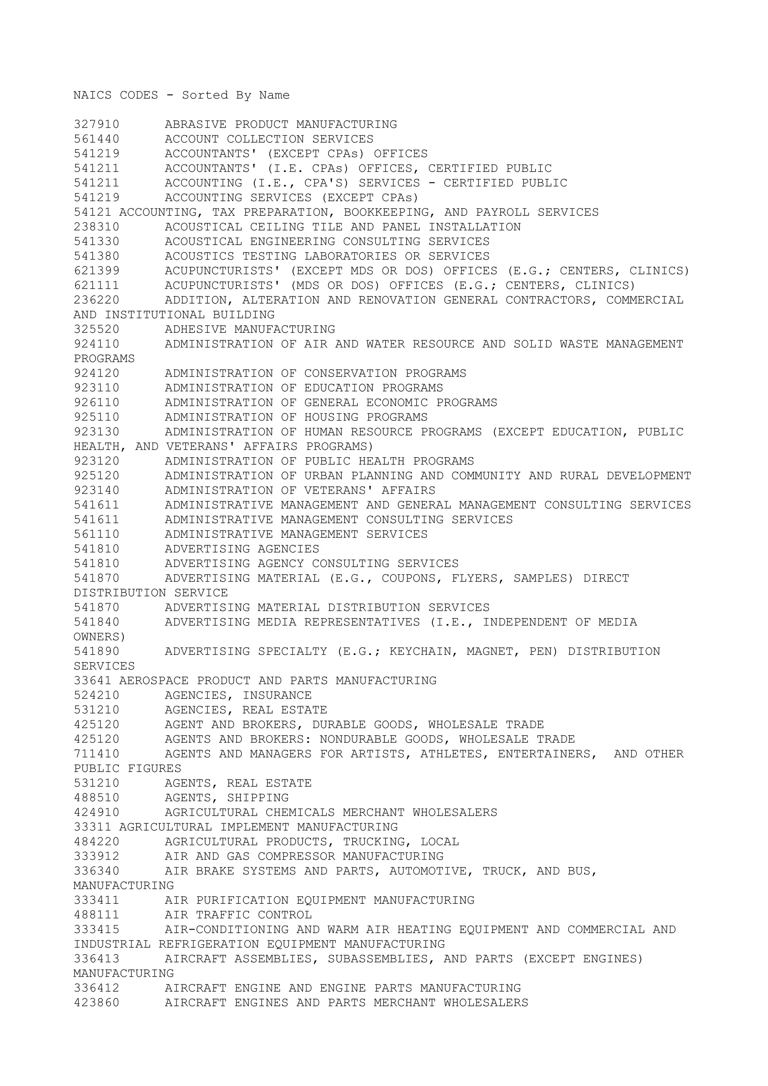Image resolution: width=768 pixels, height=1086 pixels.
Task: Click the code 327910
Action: point(96,124)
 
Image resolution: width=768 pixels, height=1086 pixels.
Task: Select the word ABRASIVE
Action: point(195,124)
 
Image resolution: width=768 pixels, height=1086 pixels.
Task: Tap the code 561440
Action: point(96,139)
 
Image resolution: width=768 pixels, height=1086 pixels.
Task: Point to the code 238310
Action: point(96,227)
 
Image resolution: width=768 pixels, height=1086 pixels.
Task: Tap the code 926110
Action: point(96,402)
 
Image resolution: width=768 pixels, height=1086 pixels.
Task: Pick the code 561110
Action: point(96,534)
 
